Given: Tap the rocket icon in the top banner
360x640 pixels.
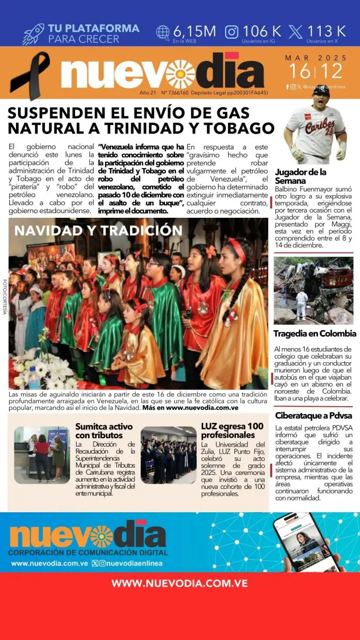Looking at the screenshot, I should pyautogui.click(x=33, y=34).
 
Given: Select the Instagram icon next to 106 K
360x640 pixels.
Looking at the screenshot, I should pyautogui.click(x=232, y=32).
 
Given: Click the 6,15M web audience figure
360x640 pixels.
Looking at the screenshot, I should pyautogui.click(x=194, y=31).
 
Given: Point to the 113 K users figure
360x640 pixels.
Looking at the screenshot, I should pyautogui.click(x=326, y=31).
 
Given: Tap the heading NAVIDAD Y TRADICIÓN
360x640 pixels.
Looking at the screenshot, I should pyautogui.click(x=98, y=230).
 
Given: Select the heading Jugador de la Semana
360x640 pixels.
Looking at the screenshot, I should pyautogui.click(x=301, y=176).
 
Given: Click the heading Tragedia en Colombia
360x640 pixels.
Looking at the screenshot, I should pyautogui.click(x=316, y=334).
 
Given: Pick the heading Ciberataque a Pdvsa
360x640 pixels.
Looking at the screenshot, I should pyautogui.click(x=308, y=415).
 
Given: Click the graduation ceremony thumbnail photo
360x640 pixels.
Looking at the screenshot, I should pyautogui.click(x=168, y=455).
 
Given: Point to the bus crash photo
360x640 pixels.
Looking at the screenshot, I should pyautogui.click(x=313, y=290).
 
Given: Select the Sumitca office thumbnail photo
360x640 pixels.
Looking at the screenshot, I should pyautogui.click(x=42, y=455).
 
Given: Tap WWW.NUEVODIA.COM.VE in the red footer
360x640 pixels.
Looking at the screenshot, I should pyautogui.click(x=179, y=583).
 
